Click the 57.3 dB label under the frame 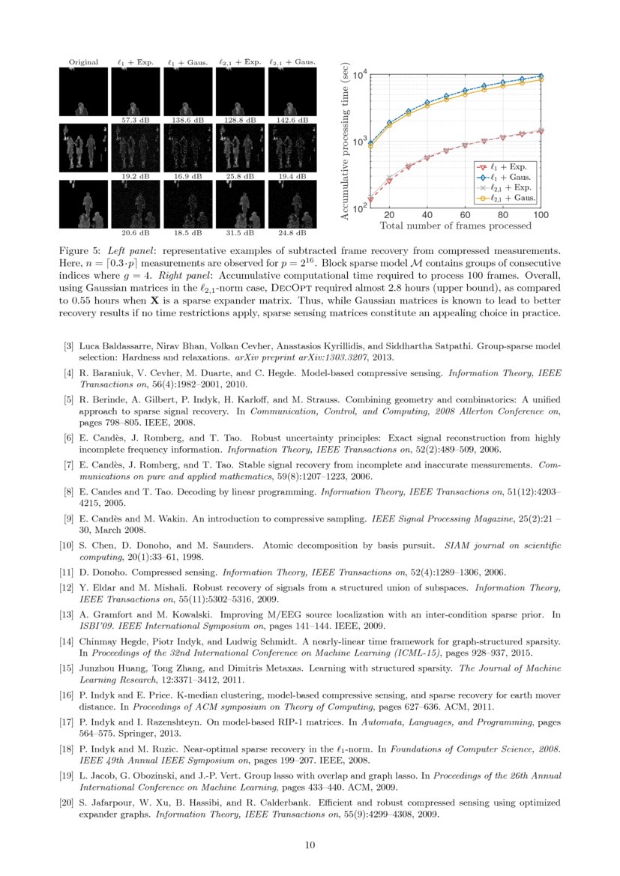click(136, 119)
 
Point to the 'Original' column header click(83, 62)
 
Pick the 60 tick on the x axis click(464, 214)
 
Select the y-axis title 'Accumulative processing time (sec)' click(345, 140)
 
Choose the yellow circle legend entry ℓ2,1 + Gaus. click(505, 198)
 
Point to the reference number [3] click(68, 346)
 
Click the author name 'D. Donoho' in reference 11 click(101, 572)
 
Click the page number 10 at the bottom click(310, 845)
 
